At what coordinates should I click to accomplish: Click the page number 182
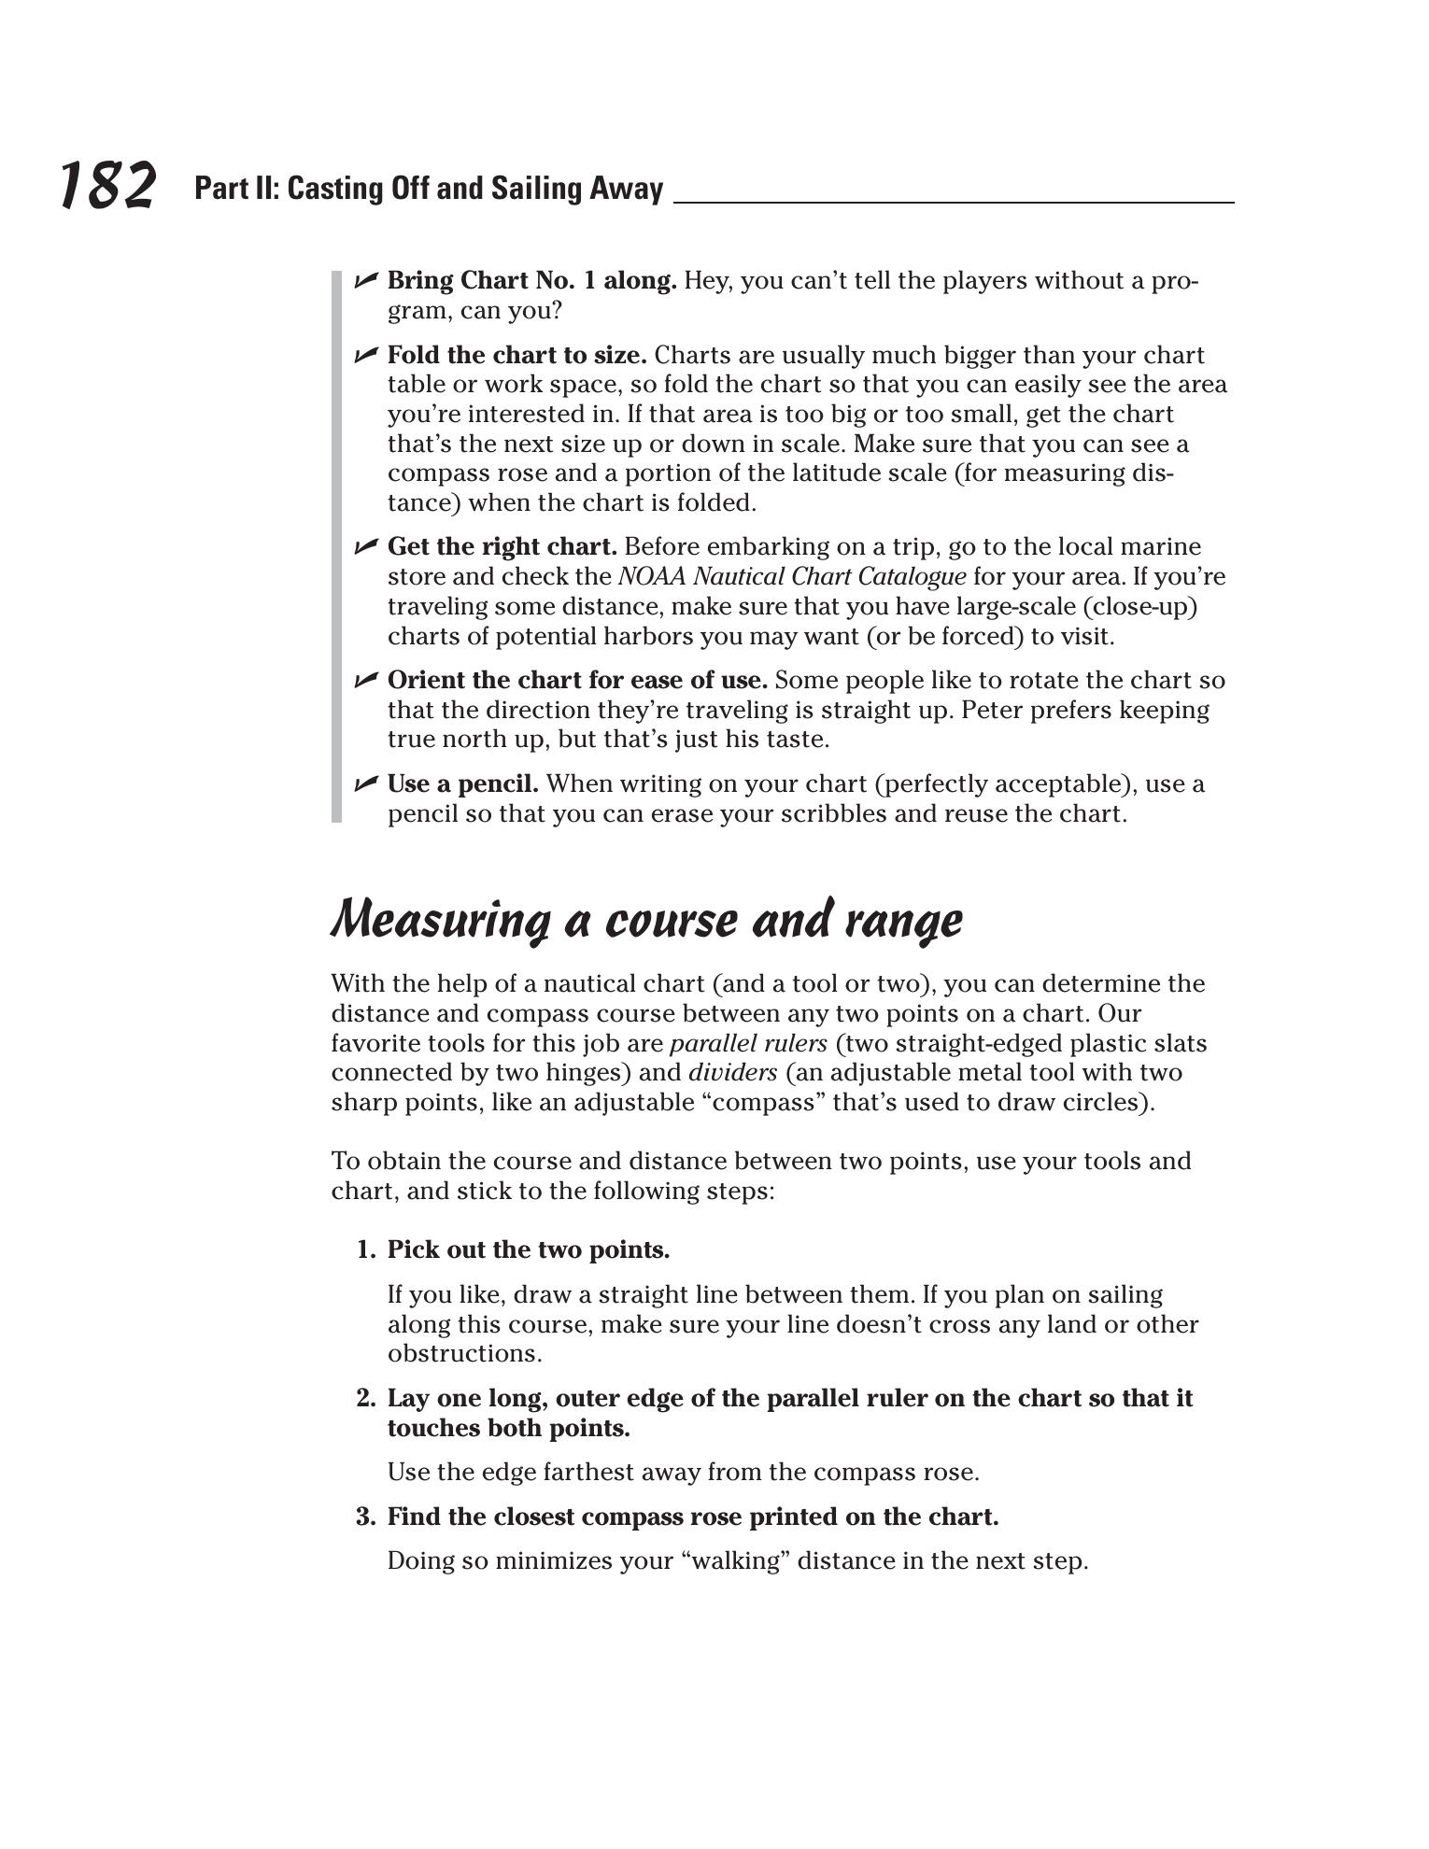(107, 185)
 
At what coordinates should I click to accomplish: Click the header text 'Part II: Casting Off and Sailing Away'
(429, 189)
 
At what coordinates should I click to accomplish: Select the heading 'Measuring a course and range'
(646, 920)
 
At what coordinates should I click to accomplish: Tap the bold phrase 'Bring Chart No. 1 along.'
(531, 280)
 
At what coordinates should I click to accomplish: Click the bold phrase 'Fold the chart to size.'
(516, 355)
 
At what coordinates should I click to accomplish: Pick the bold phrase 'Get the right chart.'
(502, 546)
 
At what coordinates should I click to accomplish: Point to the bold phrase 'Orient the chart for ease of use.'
(577, 680)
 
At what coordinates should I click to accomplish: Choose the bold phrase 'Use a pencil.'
(462, 783)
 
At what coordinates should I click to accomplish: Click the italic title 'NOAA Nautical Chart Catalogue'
(791, 576)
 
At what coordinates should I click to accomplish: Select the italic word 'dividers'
(732, 1073)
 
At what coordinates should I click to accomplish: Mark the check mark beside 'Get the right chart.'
(365, 545)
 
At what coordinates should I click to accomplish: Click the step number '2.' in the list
(365, 1398)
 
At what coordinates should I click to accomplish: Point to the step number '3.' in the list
(365, 1517)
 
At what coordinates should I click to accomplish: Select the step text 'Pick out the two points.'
(529, 1249)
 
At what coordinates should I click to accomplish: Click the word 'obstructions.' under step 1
(464, 1354)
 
